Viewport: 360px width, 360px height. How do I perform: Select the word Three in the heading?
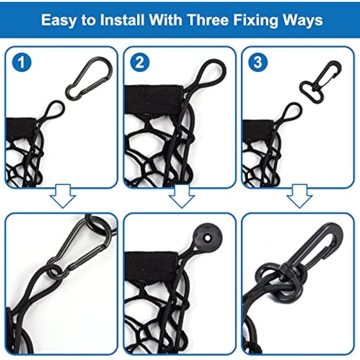coord(208,20)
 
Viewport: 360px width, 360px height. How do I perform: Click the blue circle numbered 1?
coord(22,62)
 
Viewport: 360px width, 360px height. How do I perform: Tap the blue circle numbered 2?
coord(139,62)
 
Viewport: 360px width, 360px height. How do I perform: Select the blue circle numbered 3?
coord(258,62)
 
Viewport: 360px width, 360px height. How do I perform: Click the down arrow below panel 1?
coord(63,196)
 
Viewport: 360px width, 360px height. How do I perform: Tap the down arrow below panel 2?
coord(182,196)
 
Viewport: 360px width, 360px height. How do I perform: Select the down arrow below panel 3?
coord(299,196)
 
